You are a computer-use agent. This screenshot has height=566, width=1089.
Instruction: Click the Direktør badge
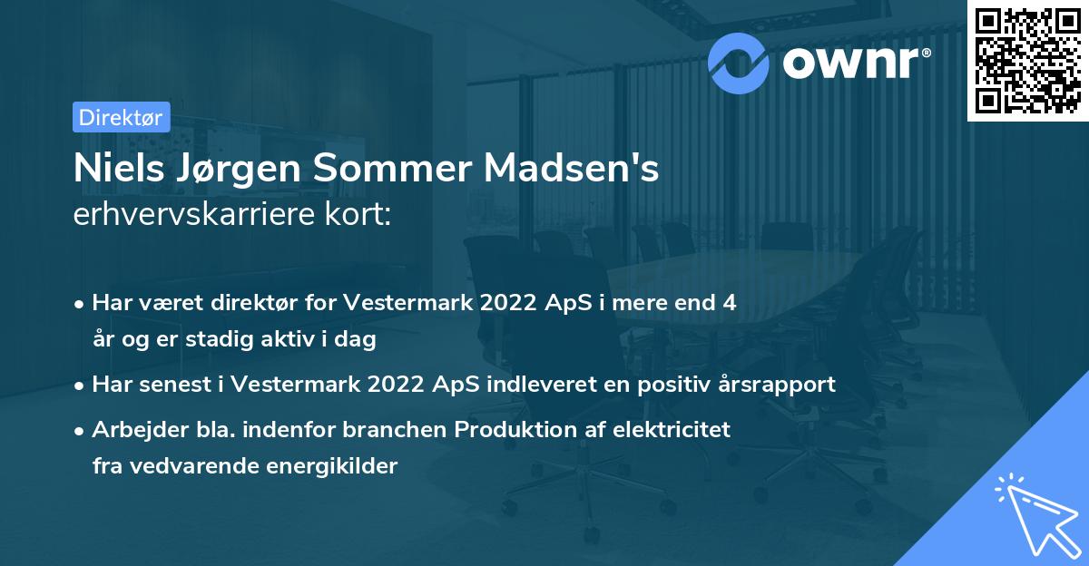click(121, 117)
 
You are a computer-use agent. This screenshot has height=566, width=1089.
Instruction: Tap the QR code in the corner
click(1027, 61)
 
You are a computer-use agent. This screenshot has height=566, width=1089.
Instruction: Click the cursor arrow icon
click(1035, 512)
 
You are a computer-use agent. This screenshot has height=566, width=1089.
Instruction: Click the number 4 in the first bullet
click(729, 303)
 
